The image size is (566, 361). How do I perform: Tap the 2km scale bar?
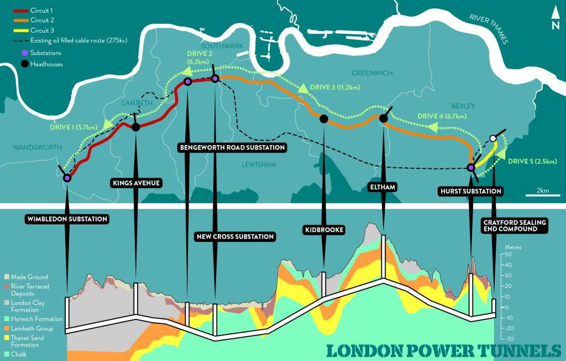[542, 195]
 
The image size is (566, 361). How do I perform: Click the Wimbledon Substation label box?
[66, 219]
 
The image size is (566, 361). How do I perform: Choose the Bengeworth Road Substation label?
[232, 148]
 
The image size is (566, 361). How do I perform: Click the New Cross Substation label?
[235, 236]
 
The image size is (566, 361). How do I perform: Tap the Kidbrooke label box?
[324, 229]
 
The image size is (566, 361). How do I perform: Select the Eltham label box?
[382, 187]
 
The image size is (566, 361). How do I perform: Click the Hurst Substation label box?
[470, 191]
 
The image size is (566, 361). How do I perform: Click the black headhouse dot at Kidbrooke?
[324, 118]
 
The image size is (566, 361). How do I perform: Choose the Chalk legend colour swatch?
[7, 354]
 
